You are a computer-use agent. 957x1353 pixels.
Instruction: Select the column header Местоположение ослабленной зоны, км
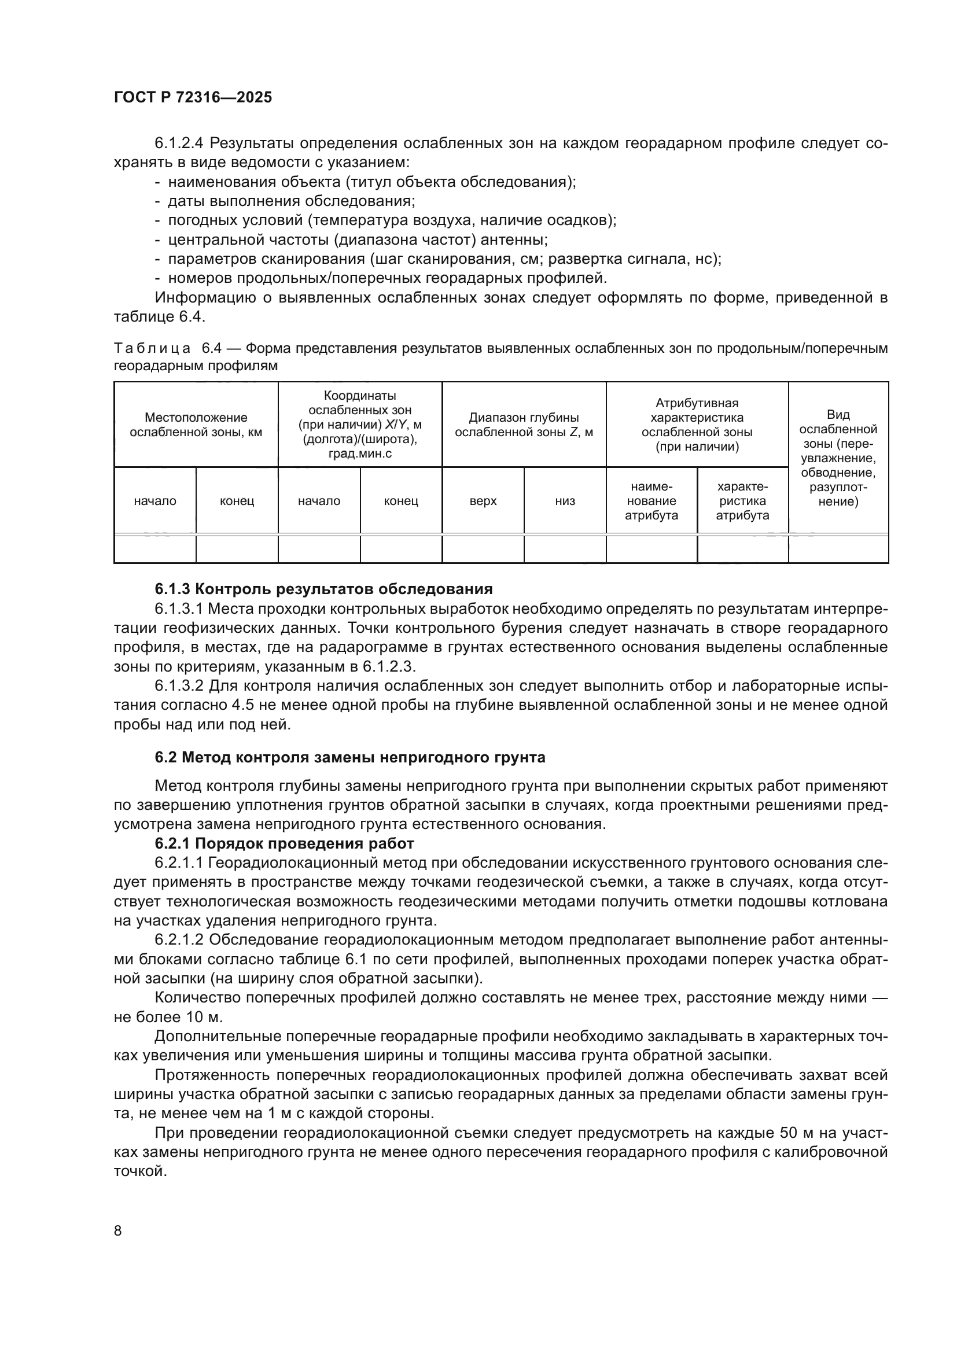[196, 425]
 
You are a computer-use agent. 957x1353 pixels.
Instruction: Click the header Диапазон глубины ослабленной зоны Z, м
[524, 425]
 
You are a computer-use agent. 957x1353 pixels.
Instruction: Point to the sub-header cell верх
[483, 501]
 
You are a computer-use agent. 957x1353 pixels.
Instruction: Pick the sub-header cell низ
[565, 501]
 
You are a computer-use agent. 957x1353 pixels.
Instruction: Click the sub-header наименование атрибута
[651, 501]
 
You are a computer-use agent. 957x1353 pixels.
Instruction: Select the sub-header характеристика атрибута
[742, 501]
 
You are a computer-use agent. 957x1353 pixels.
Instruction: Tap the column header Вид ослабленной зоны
[837, 458]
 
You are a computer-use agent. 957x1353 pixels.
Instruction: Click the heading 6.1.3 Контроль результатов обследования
[323, 589]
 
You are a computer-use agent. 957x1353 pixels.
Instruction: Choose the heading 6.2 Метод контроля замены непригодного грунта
[350, 757]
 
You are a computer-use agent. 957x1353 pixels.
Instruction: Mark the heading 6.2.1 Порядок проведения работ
[285, 843]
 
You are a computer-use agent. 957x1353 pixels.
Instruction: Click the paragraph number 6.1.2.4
[179, 143]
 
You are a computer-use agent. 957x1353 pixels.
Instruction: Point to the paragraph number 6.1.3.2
[179, 686]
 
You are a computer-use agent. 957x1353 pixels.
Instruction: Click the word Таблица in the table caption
[152, 348]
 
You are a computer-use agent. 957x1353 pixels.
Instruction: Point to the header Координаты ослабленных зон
[360, 425]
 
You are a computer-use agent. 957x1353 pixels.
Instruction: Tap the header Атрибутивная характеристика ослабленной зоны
[697, 425]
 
